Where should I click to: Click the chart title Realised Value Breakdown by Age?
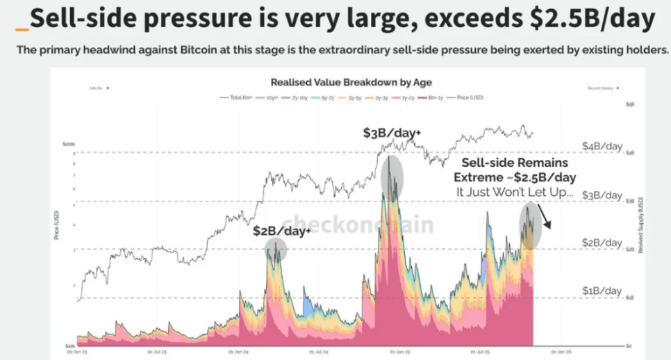coord(351,82)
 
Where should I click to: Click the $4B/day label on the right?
coord(602,147)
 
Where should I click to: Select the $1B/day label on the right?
coord(602,290)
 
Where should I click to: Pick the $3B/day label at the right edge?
coord(602,195)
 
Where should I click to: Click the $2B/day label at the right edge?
coord(602,243)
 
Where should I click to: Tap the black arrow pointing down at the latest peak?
coord(546,218)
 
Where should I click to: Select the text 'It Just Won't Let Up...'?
coord(515,191)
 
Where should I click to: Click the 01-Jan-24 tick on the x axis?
coord(238,352)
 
